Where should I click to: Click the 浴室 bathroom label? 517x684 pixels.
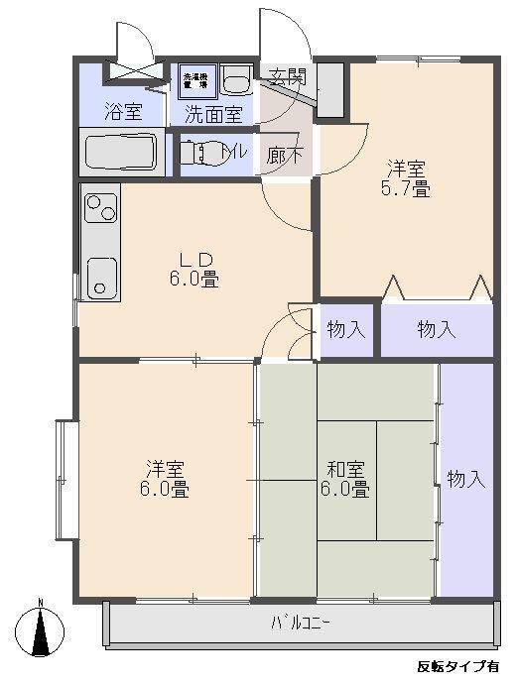[x=125, y=112]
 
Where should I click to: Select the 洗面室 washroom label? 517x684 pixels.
[x=212, y=113]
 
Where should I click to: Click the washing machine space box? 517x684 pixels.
[x=194, y=81]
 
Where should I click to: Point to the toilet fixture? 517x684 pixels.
[x=202, y=153]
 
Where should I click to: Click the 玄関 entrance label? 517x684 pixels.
[x=286, y=73]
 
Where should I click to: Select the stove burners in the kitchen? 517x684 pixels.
[x=99, y=209]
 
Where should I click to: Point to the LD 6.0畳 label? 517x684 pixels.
[x=194, y=269]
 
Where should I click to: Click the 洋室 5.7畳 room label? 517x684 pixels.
[x=408, y=178]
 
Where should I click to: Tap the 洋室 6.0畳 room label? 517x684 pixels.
[x=167, y=478]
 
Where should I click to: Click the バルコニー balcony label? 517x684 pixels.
[x=300, y=624]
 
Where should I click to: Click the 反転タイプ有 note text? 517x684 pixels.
[x=458, y=665]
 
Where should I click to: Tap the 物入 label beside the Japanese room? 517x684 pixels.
[x=465, y=480]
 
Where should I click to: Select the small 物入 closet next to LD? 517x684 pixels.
[x=345, y=329]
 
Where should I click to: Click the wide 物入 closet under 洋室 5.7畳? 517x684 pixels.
[x=437, y=329]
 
